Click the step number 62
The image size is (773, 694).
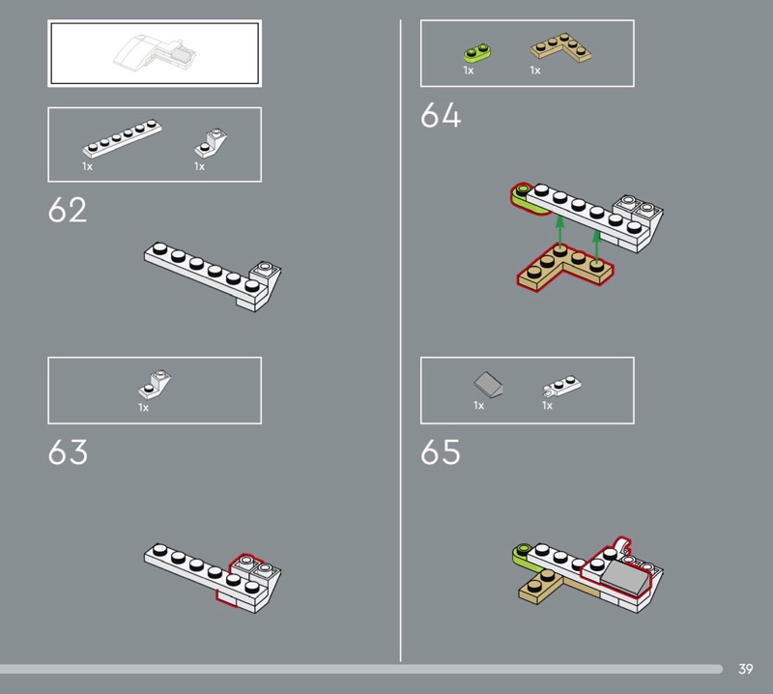coord(68,210)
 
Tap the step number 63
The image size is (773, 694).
coord(68,451)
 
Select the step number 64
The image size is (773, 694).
coord(441,115)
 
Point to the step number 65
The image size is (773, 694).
coord(441,451)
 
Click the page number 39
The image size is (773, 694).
coord(745,669)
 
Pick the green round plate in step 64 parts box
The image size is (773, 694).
coord(476,53)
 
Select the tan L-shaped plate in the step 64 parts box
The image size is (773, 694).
coord(561,47)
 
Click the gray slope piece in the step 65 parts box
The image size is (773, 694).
coord(488,385)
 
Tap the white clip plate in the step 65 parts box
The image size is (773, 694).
coord(561,386)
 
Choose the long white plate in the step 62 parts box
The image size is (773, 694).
coord(122,138)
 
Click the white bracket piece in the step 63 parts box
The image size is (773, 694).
coord(155,385)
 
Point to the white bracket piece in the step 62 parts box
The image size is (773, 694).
coord(211,143)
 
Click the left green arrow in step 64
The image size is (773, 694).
coord(559,231)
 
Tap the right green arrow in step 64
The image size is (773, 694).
coord(596,247)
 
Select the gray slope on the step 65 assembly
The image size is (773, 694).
coord(624,576)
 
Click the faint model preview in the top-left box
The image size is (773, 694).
coord(155,53)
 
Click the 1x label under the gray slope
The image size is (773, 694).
coord(478,405)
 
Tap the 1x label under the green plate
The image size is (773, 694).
coord(469,71)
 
